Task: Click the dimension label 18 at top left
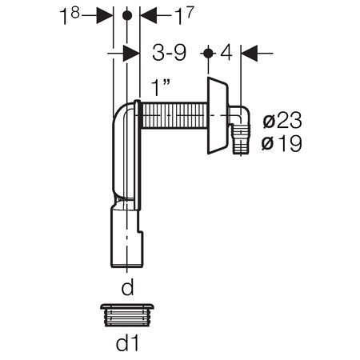70,15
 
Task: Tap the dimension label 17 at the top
184,15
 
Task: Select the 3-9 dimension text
170,53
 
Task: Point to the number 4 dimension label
226,53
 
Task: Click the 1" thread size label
161,87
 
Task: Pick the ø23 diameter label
282,120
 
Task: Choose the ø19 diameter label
282,143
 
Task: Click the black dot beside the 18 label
127,15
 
